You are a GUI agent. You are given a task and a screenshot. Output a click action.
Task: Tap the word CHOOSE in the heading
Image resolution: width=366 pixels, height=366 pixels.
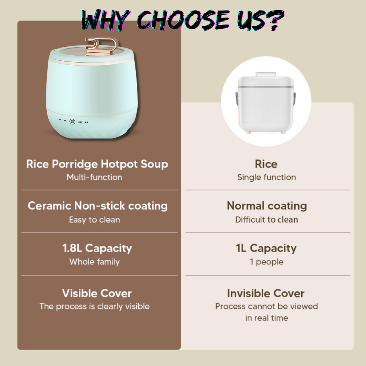click(x=183, y=20)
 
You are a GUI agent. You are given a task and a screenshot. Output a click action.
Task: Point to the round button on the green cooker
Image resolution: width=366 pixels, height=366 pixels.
click(x=72, y=122)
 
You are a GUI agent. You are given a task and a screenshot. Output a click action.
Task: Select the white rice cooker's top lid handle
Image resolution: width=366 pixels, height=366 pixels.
click(x=266, y=74)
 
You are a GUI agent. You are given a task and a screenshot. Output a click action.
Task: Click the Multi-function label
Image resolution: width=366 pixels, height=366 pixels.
click(x=94, y=177)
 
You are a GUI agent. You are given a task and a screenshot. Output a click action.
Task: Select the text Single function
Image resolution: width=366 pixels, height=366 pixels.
click(x=266, y=178)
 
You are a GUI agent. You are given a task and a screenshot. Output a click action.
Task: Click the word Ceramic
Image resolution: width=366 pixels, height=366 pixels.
click(x=49, y=206)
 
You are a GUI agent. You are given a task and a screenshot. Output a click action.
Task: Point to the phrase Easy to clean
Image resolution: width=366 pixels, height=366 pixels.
click(x=94, y=220)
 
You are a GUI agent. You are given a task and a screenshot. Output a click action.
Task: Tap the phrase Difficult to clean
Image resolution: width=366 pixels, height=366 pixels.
click(x=266, y=220)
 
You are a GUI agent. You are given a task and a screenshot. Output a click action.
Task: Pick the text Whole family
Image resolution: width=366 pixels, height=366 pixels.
click(x=94, y=262)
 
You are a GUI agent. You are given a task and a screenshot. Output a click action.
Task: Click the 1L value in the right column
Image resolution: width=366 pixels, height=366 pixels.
click(x=241, y=248)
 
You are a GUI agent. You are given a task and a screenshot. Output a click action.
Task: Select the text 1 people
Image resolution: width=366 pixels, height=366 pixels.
click(x=266, y=262)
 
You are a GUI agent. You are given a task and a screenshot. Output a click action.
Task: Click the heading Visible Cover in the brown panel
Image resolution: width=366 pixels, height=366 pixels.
click(x=97, y=294)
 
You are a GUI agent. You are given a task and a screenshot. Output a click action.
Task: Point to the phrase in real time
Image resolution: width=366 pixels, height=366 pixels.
click(x=266, y=318)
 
